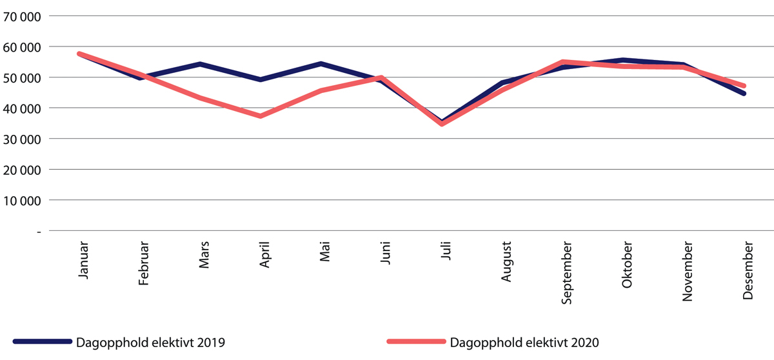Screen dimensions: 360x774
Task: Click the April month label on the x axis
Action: (264, 257)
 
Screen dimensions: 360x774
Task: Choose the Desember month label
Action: (748, 270)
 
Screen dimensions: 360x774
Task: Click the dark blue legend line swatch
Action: (41, 342)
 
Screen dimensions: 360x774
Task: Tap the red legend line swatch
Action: (415, 342)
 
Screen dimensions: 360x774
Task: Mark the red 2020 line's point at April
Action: (261, 116)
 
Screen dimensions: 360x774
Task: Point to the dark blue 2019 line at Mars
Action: (200, 64)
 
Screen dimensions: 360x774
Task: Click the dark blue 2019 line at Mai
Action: (321, 63)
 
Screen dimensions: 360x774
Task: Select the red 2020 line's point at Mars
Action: (200, 97)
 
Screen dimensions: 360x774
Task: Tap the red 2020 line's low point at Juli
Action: (442, 124)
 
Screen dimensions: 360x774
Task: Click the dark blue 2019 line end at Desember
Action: (744, 94)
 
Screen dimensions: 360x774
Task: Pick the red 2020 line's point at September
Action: (563, 62)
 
